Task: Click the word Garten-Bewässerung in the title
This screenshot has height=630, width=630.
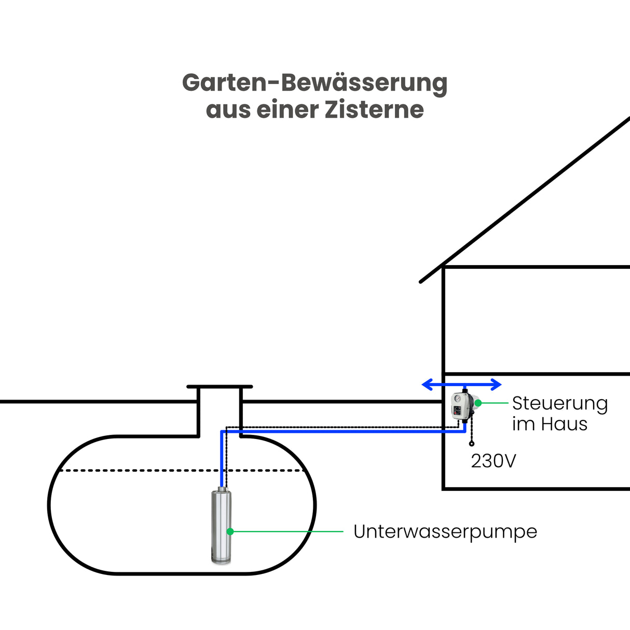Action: pos(314,83)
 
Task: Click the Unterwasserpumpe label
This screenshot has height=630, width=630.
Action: pos(445,531)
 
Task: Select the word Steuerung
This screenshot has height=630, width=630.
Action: pos(559,404)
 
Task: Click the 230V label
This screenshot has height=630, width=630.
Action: pos(493,461)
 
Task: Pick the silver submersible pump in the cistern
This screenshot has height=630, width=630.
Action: pos(221,525)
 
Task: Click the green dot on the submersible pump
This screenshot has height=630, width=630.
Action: pos(230,531)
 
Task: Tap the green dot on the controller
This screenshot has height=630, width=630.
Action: pos(478,403)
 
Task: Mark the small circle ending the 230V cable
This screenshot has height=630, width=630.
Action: pos(471,444)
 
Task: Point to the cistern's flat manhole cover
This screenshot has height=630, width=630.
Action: pos(220,387)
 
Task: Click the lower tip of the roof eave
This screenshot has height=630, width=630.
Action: pos(421,282)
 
